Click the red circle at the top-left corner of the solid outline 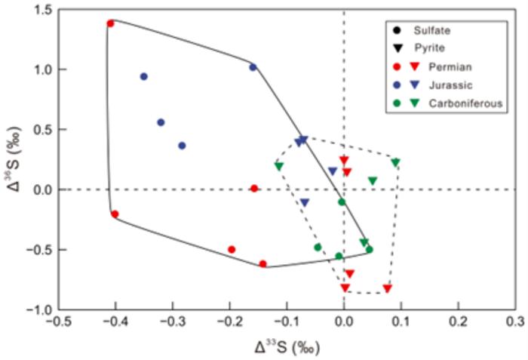coord(110,23)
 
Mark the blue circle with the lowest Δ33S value coord(143,76)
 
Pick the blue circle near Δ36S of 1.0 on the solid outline coord(253,67)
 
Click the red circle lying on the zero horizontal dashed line coord(254,189)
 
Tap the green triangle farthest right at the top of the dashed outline coord(395,162)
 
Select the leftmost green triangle coord(279,166)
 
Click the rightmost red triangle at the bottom coord(388,288)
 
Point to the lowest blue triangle coord(305,202)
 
